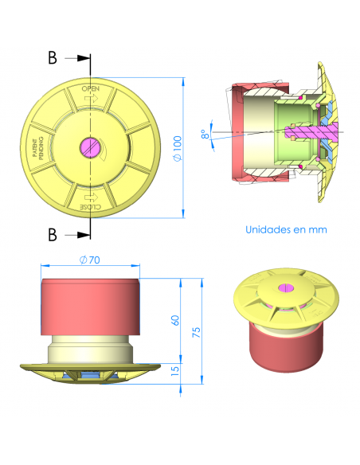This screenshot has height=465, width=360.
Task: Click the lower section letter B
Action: click(x=52, y=234)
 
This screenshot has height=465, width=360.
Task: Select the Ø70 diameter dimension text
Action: click(x=89, y=259)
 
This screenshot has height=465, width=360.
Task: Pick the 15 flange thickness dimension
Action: click(x=175, y=369)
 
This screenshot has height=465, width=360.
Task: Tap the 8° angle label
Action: click(x=205, y=135)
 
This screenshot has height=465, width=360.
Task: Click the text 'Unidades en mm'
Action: click(x=286, y=229)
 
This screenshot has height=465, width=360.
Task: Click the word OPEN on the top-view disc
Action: click(x=92, y=89)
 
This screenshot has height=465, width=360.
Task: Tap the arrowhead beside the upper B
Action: click(x=83, y=58)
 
